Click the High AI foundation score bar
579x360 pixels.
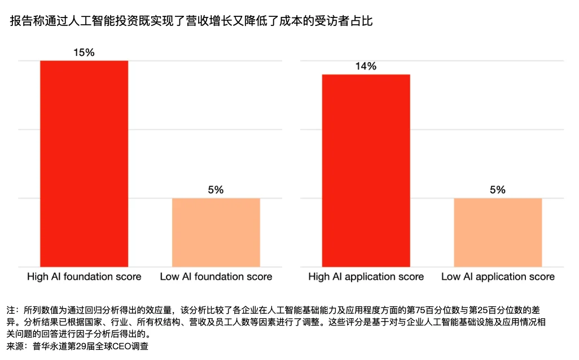click(x=84, y=164)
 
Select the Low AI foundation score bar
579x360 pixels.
click(x=216, y=232)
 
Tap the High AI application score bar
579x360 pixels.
click(x=366, y=170)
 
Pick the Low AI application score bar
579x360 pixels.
click(x=498, y=232)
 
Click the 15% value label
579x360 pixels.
click(x=84, y=52)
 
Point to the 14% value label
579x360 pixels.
click(x=366, y=67)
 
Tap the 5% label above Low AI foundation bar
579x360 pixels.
click(x=216, y=190)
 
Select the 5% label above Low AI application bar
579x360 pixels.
click(x=498, y=190)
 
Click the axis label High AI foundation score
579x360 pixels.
click(x=84, y=277)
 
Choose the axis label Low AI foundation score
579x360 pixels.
click(x=216, y=277)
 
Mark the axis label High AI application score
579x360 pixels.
click(x=366, y=277)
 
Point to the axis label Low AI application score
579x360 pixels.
click(x=498, y=277)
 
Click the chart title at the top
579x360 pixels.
click(x=191, y=21)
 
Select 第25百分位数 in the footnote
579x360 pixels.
click(x=510, y=310)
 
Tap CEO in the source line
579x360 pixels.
click(x=122, y=346)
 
